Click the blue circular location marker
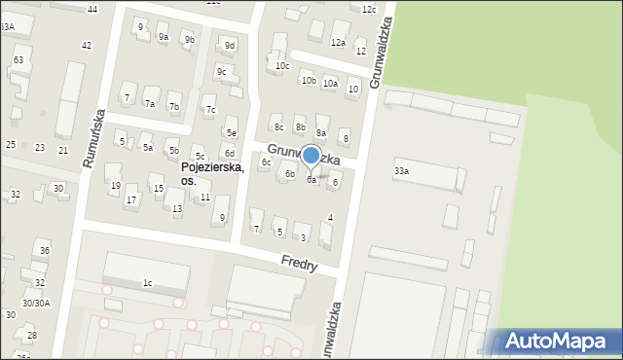pyautogui.click(x=311, y=155)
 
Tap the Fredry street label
pyautogui.click(x=299, y=263)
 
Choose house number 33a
pyautogui.click(x=401, y=171)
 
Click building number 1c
pyautogui.click(x=148, y=283)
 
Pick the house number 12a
pyautogui.click(x=338, y=43)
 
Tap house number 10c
pyautogui.click(x=282, y=66)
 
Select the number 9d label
pyautogui.click(x=230, y=46)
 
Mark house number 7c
pyautogui.click(x=210, y=110)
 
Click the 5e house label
pyautogui.click(x=232, y=133)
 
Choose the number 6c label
pyautogui.click(x=266, y=162)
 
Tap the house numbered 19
pyautogui.click(x=115, y=186)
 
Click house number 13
pyautogui.click(x=177, y=209)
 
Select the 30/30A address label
pyautogui.click(x=37, y=303)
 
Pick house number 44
pyautogui.click(x=92, y=9)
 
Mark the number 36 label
pyautogui.click(x=44, y=251)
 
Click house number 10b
pyautogui.click(x=308, y=81)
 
